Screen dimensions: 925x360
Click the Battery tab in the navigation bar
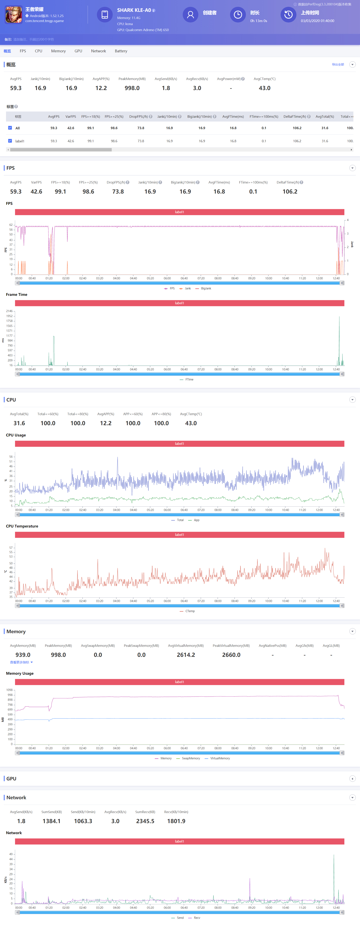point(121,51)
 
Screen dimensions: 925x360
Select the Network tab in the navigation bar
point(98,51)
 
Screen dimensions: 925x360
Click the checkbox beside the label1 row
point(10,141)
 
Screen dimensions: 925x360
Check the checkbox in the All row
point(10,128)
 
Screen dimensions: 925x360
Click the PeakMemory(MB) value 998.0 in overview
point(132,88)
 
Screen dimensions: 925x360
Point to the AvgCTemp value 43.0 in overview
point(265,88)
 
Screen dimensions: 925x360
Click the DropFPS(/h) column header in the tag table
point(139,116)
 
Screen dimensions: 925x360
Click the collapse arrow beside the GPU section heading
point(352,779)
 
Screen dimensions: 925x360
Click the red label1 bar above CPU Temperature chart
point(179,535)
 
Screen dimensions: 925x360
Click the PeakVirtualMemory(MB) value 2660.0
point(231,655)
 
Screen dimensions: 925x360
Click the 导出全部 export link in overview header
point(338,65)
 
